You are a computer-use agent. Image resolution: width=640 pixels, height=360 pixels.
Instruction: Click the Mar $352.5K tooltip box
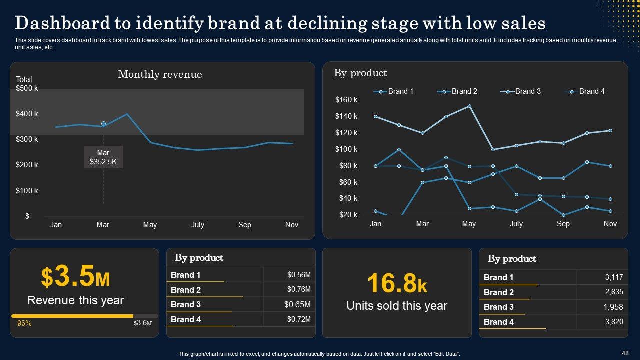coord(103,157)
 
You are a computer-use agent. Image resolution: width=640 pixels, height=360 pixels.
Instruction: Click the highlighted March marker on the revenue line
coord(103,123)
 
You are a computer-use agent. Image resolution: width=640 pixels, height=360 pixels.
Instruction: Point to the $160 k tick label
coord(346,100)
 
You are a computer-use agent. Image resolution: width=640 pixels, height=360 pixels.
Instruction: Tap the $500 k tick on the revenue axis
coord(27,88)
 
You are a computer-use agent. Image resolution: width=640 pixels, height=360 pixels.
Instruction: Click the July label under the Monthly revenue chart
coord(198,225)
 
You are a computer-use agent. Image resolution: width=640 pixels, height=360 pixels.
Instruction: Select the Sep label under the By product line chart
coord(563,224)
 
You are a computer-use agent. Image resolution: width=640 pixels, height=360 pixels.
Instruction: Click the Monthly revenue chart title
coord(160,74)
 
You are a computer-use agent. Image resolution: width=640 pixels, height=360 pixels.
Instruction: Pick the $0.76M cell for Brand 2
coord(299,289)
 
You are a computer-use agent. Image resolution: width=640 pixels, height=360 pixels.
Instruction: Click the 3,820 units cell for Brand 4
coord(614,322)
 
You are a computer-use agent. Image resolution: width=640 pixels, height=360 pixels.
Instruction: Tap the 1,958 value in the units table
coord(614,307)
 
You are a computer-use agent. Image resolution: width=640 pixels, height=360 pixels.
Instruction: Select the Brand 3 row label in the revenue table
coord(186,304)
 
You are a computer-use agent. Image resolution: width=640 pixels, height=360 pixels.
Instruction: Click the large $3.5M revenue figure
coord(75,277)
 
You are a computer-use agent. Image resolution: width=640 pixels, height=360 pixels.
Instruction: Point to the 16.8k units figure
coord(397,283)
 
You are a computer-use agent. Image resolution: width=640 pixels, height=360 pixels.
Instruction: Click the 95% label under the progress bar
coord(24,323)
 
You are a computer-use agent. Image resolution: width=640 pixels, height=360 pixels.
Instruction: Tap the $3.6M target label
coord(143,323)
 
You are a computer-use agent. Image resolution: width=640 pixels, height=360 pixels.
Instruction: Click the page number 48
coord(625,353)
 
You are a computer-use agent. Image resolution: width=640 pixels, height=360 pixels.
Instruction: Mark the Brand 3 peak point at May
coord(469,106)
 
